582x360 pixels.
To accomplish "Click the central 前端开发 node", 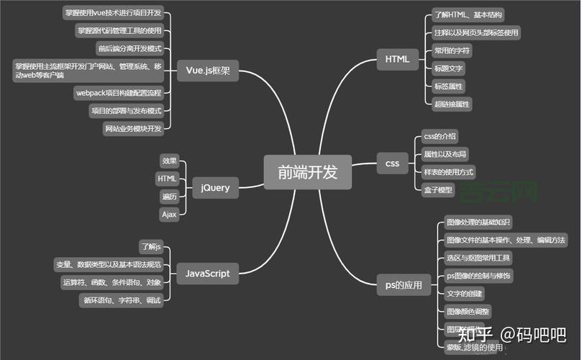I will click(x=307, y=172).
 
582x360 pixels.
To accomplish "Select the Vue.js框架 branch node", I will click(x=207, y=71).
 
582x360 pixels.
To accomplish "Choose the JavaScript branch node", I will click(x=207, y=273).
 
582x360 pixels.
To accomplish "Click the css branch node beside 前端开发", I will click(x=392, y=163).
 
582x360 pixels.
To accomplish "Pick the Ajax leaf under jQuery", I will click(x=169, y=214).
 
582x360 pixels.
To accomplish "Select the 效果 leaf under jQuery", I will click(x=169, y=161).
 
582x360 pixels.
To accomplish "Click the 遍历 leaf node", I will click(x=169, y=196).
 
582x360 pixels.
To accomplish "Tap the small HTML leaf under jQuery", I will click(x=167, y=178).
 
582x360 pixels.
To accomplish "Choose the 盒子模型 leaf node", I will click(x=438, y=190).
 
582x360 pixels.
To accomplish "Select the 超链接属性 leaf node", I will click(x=452, y=104).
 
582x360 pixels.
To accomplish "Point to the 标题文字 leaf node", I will click(x=449, y=68).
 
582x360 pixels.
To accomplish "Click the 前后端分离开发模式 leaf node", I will click(x=129, y=48).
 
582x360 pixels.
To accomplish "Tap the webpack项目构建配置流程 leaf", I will click(x=119, y=93).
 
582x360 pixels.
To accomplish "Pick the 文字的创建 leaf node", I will click(x=465, y=293).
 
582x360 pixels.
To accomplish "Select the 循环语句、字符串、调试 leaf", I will click(x=121, y=300).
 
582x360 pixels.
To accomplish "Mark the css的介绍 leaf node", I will click(x=440, y=136).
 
